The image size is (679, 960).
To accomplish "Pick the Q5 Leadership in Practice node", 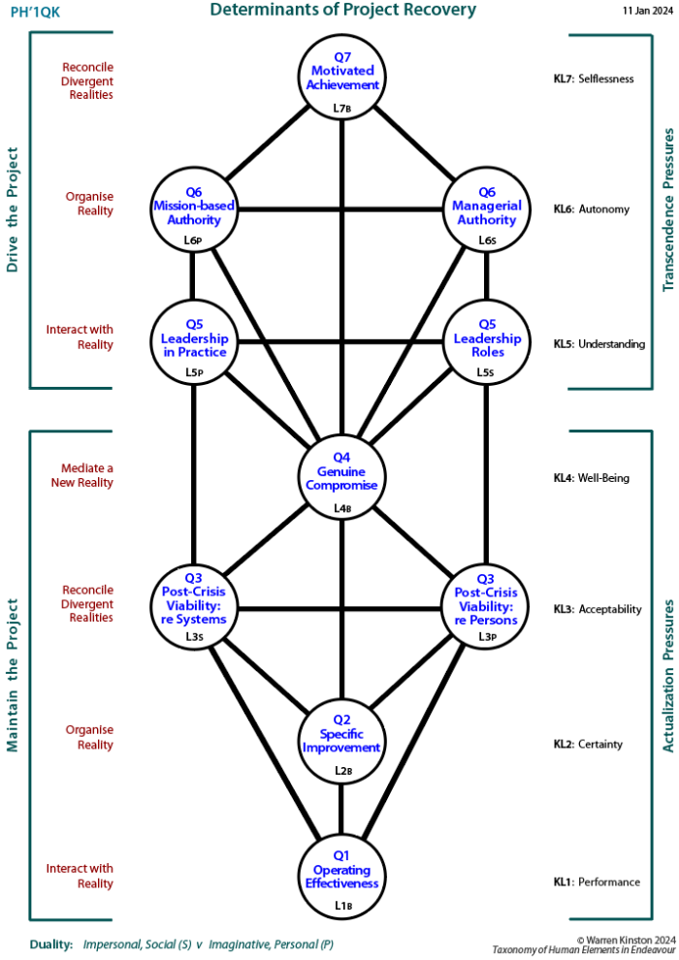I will pos(194,345).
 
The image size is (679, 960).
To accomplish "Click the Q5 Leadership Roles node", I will pos(487,345).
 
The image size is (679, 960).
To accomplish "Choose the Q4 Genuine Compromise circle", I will pos(341,478).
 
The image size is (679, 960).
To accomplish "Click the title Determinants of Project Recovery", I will pos(344,11).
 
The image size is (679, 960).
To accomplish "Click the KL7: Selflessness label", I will pos(594,79).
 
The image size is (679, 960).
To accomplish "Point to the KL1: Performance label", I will pos(597,881).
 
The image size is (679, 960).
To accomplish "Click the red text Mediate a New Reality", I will pos(83,475).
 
